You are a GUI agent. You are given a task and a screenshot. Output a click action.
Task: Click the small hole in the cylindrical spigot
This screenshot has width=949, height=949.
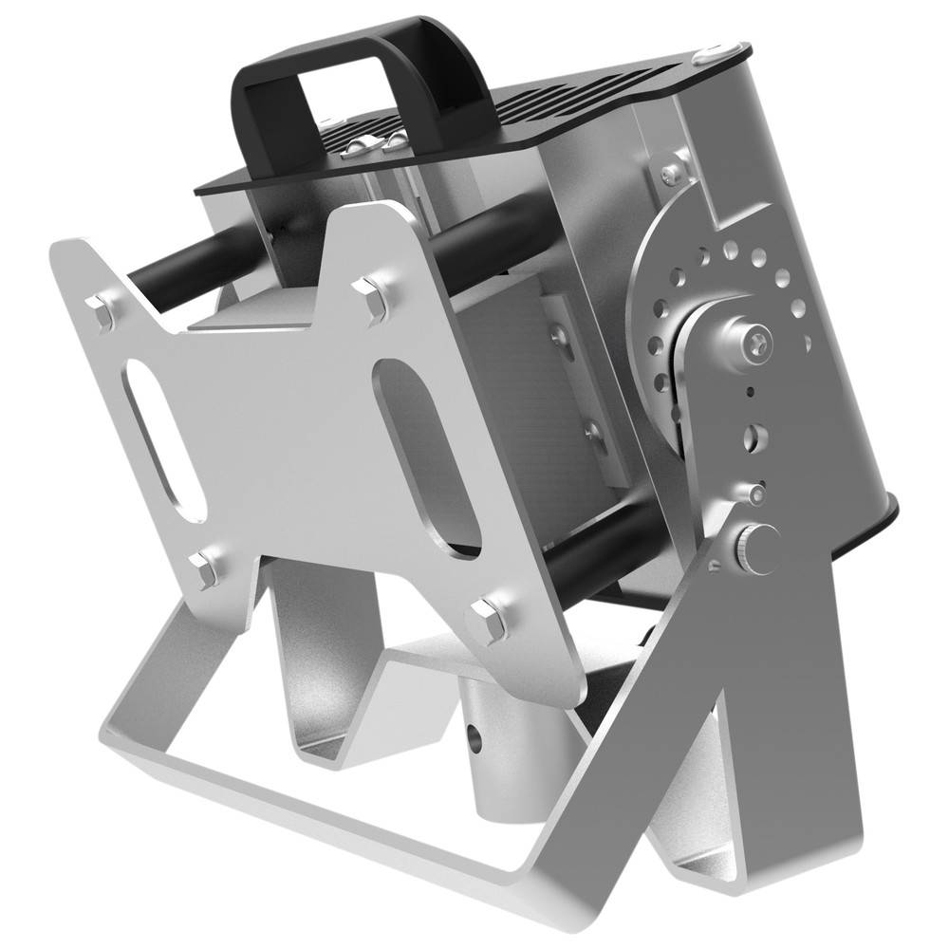click(x=474, y=736)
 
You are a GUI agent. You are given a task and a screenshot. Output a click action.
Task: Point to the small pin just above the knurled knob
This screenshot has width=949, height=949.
click(x=755, y=493)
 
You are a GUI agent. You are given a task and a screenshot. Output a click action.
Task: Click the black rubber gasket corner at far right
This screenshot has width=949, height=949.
click(x=892, y=513)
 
